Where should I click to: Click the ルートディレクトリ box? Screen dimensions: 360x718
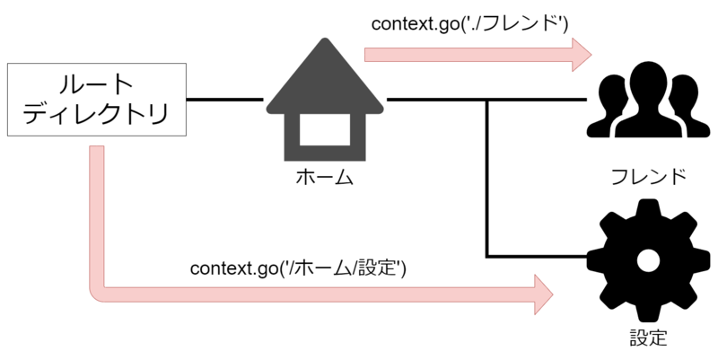(96, 100)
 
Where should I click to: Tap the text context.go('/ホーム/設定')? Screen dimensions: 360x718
(298, 268)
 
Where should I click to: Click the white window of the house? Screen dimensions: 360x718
(324, 131)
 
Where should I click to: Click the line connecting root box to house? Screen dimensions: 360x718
(225, 99)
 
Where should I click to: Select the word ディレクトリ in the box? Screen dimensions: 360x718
(96, 116)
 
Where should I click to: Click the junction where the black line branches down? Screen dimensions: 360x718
(486, 99)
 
